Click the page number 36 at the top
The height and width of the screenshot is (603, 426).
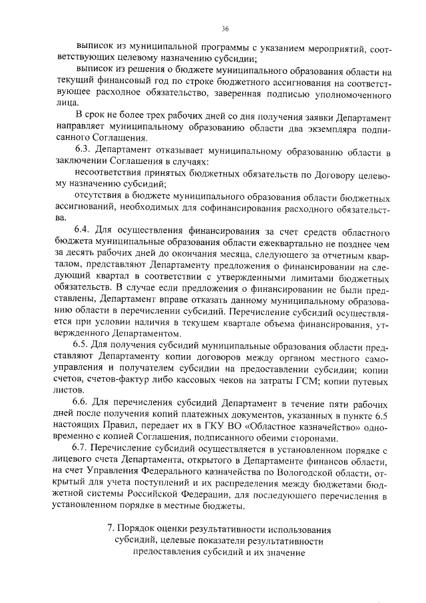coord(224,29)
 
